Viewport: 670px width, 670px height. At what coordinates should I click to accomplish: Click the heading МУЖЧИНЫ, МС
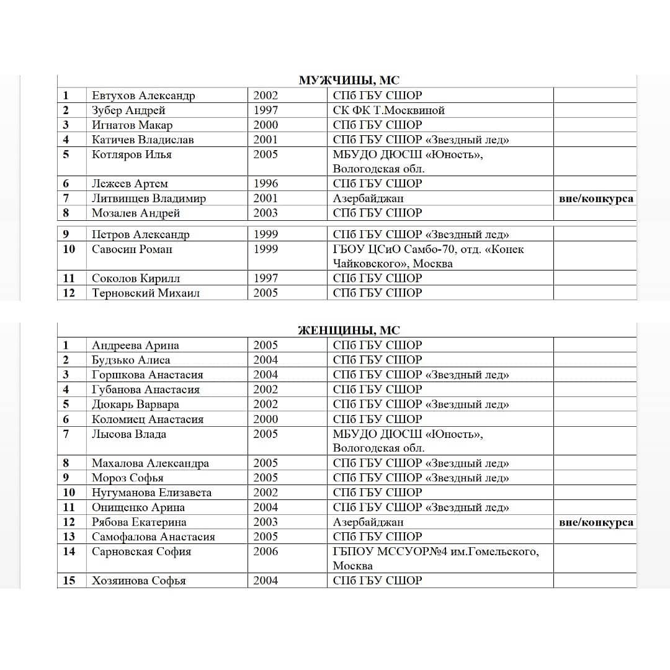(349, 81)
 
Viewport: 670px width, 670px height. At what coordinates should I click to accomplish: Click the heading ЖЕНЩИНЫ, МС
(349, 331)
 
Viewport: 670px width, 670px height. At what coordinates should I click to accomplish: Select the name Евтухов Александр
(143, 96)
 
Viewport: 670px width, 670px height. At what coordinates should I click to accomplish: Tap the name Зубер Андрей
(128, 110)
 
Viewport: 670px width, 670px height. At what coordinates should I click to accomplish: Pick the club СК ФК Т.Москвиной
(389, 110)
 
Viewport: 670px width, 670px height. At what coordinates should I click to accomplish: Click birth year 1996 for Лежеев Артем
(266, 184)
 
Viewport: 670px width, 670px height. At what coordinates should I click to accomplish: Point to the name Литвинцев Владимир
(149, 199)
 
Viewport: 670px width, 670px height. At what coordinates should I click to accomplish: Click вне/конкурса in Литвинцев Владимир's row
(596, 199)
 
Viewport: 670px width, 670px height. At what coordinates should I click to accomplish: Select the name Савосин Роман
(132, 249)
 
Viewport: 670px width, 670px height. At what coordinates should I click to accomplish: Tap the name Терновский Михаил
(146, 293)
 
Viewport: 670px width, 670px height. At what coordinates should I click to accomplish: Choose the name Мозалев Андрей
(136, 213)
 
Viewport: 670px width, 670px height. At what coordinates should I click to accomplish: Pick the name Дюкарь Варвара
(135, 404)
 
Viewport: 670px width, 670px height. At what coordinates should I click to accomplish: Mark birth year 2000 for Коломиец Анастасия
(266, 419)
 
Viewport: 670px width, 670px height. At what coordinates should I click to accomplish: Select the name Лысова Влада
(129, 434)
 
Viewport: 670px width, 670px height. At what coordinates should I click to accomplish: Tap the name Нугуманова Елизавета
(151, 493)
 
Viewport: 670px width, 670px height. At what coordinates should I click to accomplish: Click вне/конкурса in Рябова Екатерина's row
(596, 522)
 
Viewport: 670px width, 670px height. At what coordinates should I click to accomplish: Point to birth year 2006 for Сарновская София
(266, 552)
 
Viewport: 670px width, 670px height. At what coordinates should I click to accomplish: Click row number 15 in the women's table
(69, 581)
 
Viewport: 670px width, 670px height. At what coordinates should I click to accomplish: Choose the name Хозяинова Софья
(138, 581)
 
